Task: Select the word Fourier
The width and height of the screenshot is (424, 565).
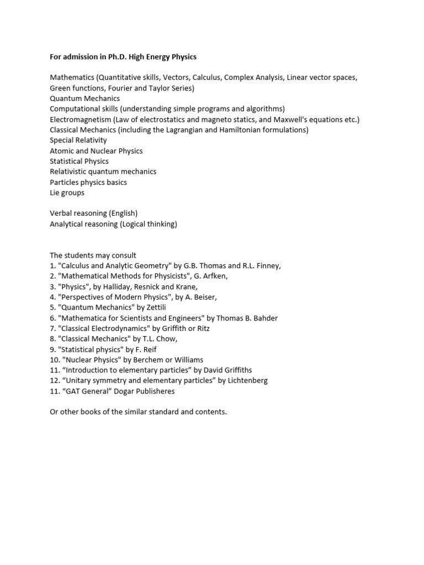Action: (x=120, y=88)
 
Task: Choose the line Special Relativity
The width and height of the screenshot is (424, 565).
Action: (x=78, y=141)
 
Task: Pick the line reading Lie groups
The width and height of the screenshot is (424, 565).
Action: (x=67, y=193)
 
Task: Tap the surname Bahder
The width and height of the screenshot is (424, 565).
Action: (x=265, y=318)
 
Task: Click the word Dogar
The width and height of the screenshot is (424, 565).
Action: (x=113, y=391)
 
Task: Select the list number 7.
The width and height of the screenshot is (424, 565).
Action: (x=52, y=328)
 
